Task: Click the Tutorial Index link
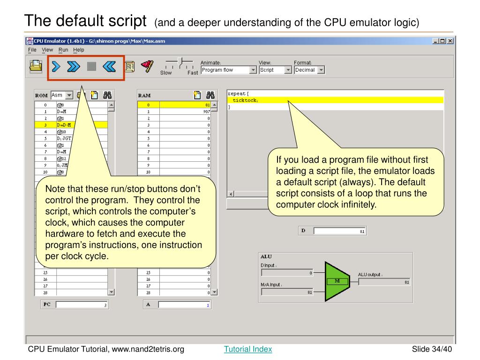point(248,349)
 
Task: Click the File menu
point(32,50)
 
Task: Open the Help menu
point(79,50)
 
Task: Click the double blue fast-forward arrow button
point(74,67)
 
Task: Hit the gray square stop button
point(91,67)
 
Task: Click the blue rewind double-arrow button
point(109,67)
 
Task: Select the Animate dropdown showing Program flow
point(229,70)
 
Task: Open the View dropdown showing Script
point(276,70)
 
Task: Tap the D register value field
point(340,231)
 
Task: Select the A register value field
point(185,305)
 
